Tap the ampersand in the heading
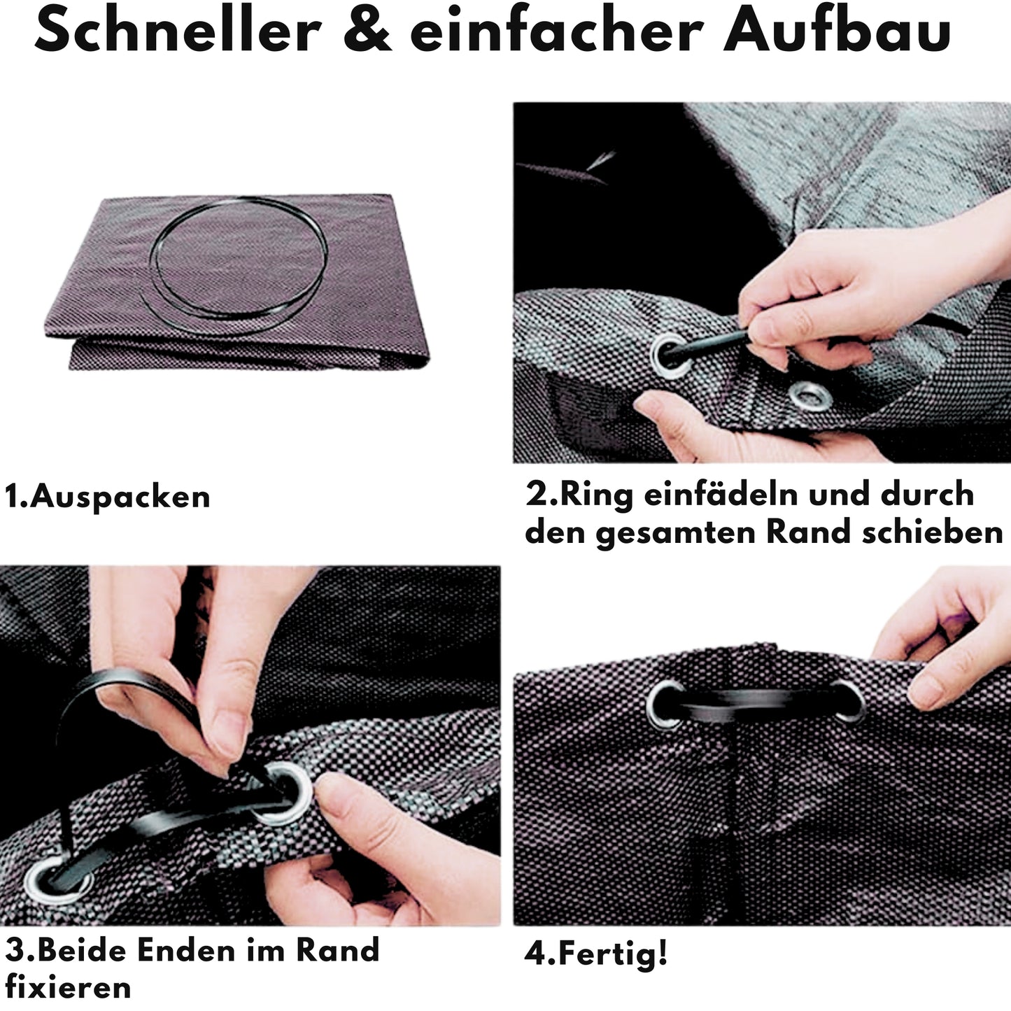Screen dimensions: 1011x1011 click(x=367, y=31)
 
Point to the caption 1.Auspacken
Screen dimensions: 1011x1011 click(x=108, y=497)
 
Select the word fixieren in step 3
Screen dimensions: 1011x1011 click(x=68, y=988)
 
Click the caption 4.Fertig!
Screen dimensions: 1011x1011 click(x=596, y=954)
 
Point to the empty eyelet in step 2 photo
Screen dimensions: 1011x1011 click(x=811, y=395)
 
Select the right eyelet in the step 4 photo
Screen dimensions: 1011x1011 click(x=846, y=701)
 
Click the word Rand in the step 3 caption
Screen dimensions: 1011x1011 click(x=338, y=950)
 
